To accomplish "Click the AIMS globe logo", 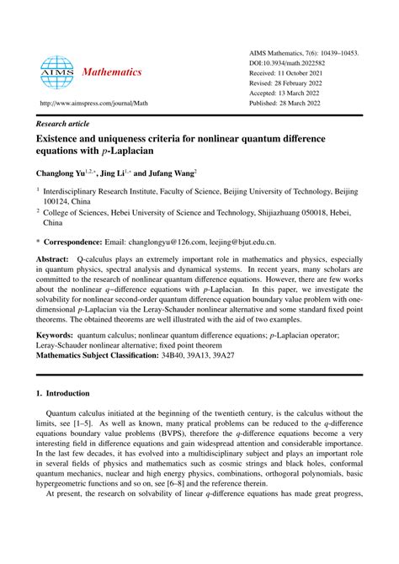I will [x=57, y=73].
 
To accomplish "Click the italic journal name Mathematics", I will [x=112, y=72].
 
